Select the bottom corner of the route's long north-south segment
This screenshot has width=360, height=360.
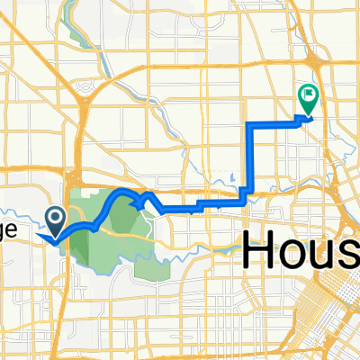click(x=247, y=188)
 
